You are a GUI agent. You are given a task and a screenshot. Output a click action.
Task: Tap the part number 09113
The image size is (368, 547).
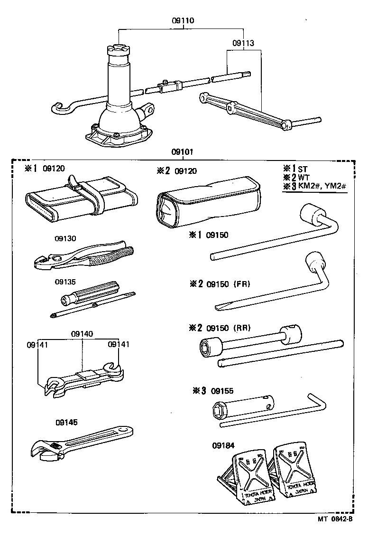coord(243,43)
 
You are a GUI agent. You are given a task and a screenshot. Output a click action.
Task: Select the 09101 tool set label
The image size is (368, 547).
coord(183,152)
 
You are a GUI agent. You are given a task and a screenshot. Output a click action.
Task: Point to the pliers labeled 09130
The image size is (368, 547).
coord(85,256)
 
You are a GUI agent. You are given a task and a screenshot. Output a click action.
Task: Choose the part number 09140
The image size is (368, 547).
coord(83,334)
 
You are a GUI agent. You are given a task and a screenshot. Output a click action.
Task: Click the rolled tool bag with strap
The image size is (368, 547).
coord(81,200)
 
